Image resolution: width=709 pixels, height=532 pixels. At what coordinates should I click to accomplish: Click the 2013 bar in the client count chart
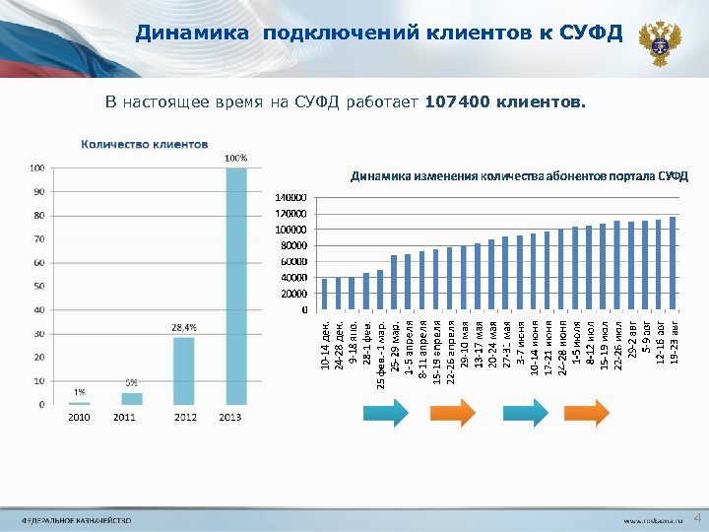[236, 286]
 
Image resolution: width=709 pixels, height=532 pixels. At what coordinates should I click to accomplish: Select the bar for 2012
[184, 370]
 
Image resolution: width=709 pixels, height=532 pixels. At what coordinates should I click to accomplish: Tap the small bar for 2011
[132, 398]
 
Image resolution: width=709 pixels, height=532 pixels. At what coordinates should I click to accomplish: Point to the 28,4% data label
[184, 327]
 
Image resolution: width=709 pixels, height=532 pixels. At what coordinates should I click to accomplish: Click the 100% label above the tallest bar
[236, 158]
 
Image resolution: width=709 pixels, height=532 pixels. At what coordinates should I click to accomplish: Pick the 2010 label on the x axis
[79, 417]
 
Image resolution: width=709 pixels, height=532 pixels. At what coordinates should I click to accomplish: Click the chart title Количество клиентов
[144, 144]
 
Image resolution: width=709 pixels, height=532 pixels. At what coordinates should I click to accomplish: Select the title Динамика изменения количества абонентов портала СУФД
[519, 176]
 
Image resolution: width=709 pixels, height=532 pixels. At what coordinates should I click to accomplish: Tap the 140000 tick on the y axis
[290, 198]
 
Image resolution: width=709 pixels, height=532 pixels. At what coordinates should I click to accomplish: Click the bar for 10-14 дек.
[325, 294]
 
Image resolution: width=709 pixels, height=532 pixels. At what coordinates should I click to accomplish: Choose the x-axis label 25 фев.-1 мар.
[381, 351]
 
